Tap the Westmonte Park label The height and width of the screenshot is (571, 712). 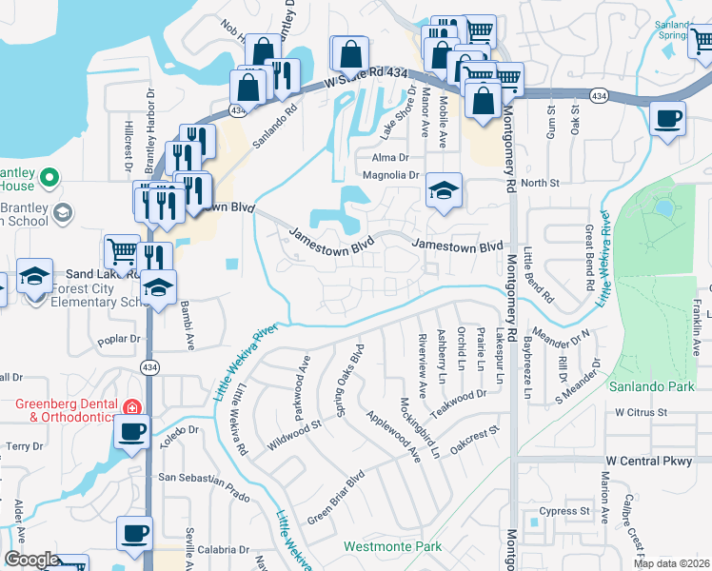pyautogui.click(x=392, y=547)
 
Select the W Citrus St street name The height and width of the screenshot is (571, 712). pyautogui.click(x=642, y=413)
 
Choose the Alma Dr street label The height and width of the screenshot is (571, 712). pyautogui.click(x=390, y=158)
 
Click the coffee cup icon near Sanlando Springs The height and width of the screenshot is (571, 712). pyautogui.click(x=667, y=120)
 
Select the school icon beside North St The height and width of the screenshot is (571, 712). pyautogui.click(x=444, y=190)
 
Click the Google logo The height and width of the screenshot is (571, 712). pyautogui.click(x=31, y=560)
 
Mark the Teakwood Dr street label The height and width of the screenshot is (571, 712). pyautogui.click(x=457, y=395)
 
